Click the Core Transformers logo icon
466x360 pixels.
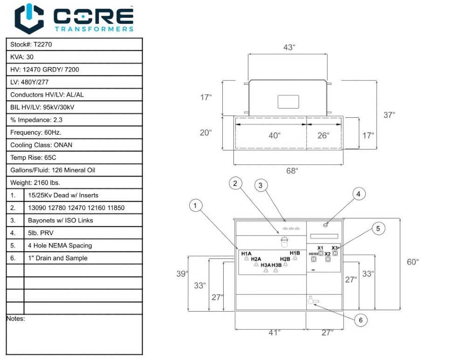29,18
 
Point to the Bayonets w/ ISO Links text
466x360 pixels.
61,220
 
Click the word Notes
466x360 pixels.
16,319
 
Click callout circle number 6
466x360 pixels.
360,320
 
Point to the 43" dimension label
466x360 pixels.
289,47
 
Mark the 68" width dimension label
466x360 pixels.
292,171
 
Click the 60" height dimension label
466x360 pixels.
412,262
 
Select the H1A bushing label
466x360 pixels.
247,253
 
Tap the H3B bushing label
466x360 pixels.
277,265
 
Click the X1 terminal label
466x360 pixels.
320,248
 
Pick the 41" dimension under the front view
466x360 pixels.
274,333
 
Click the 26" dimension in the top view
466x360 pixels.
323,136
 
